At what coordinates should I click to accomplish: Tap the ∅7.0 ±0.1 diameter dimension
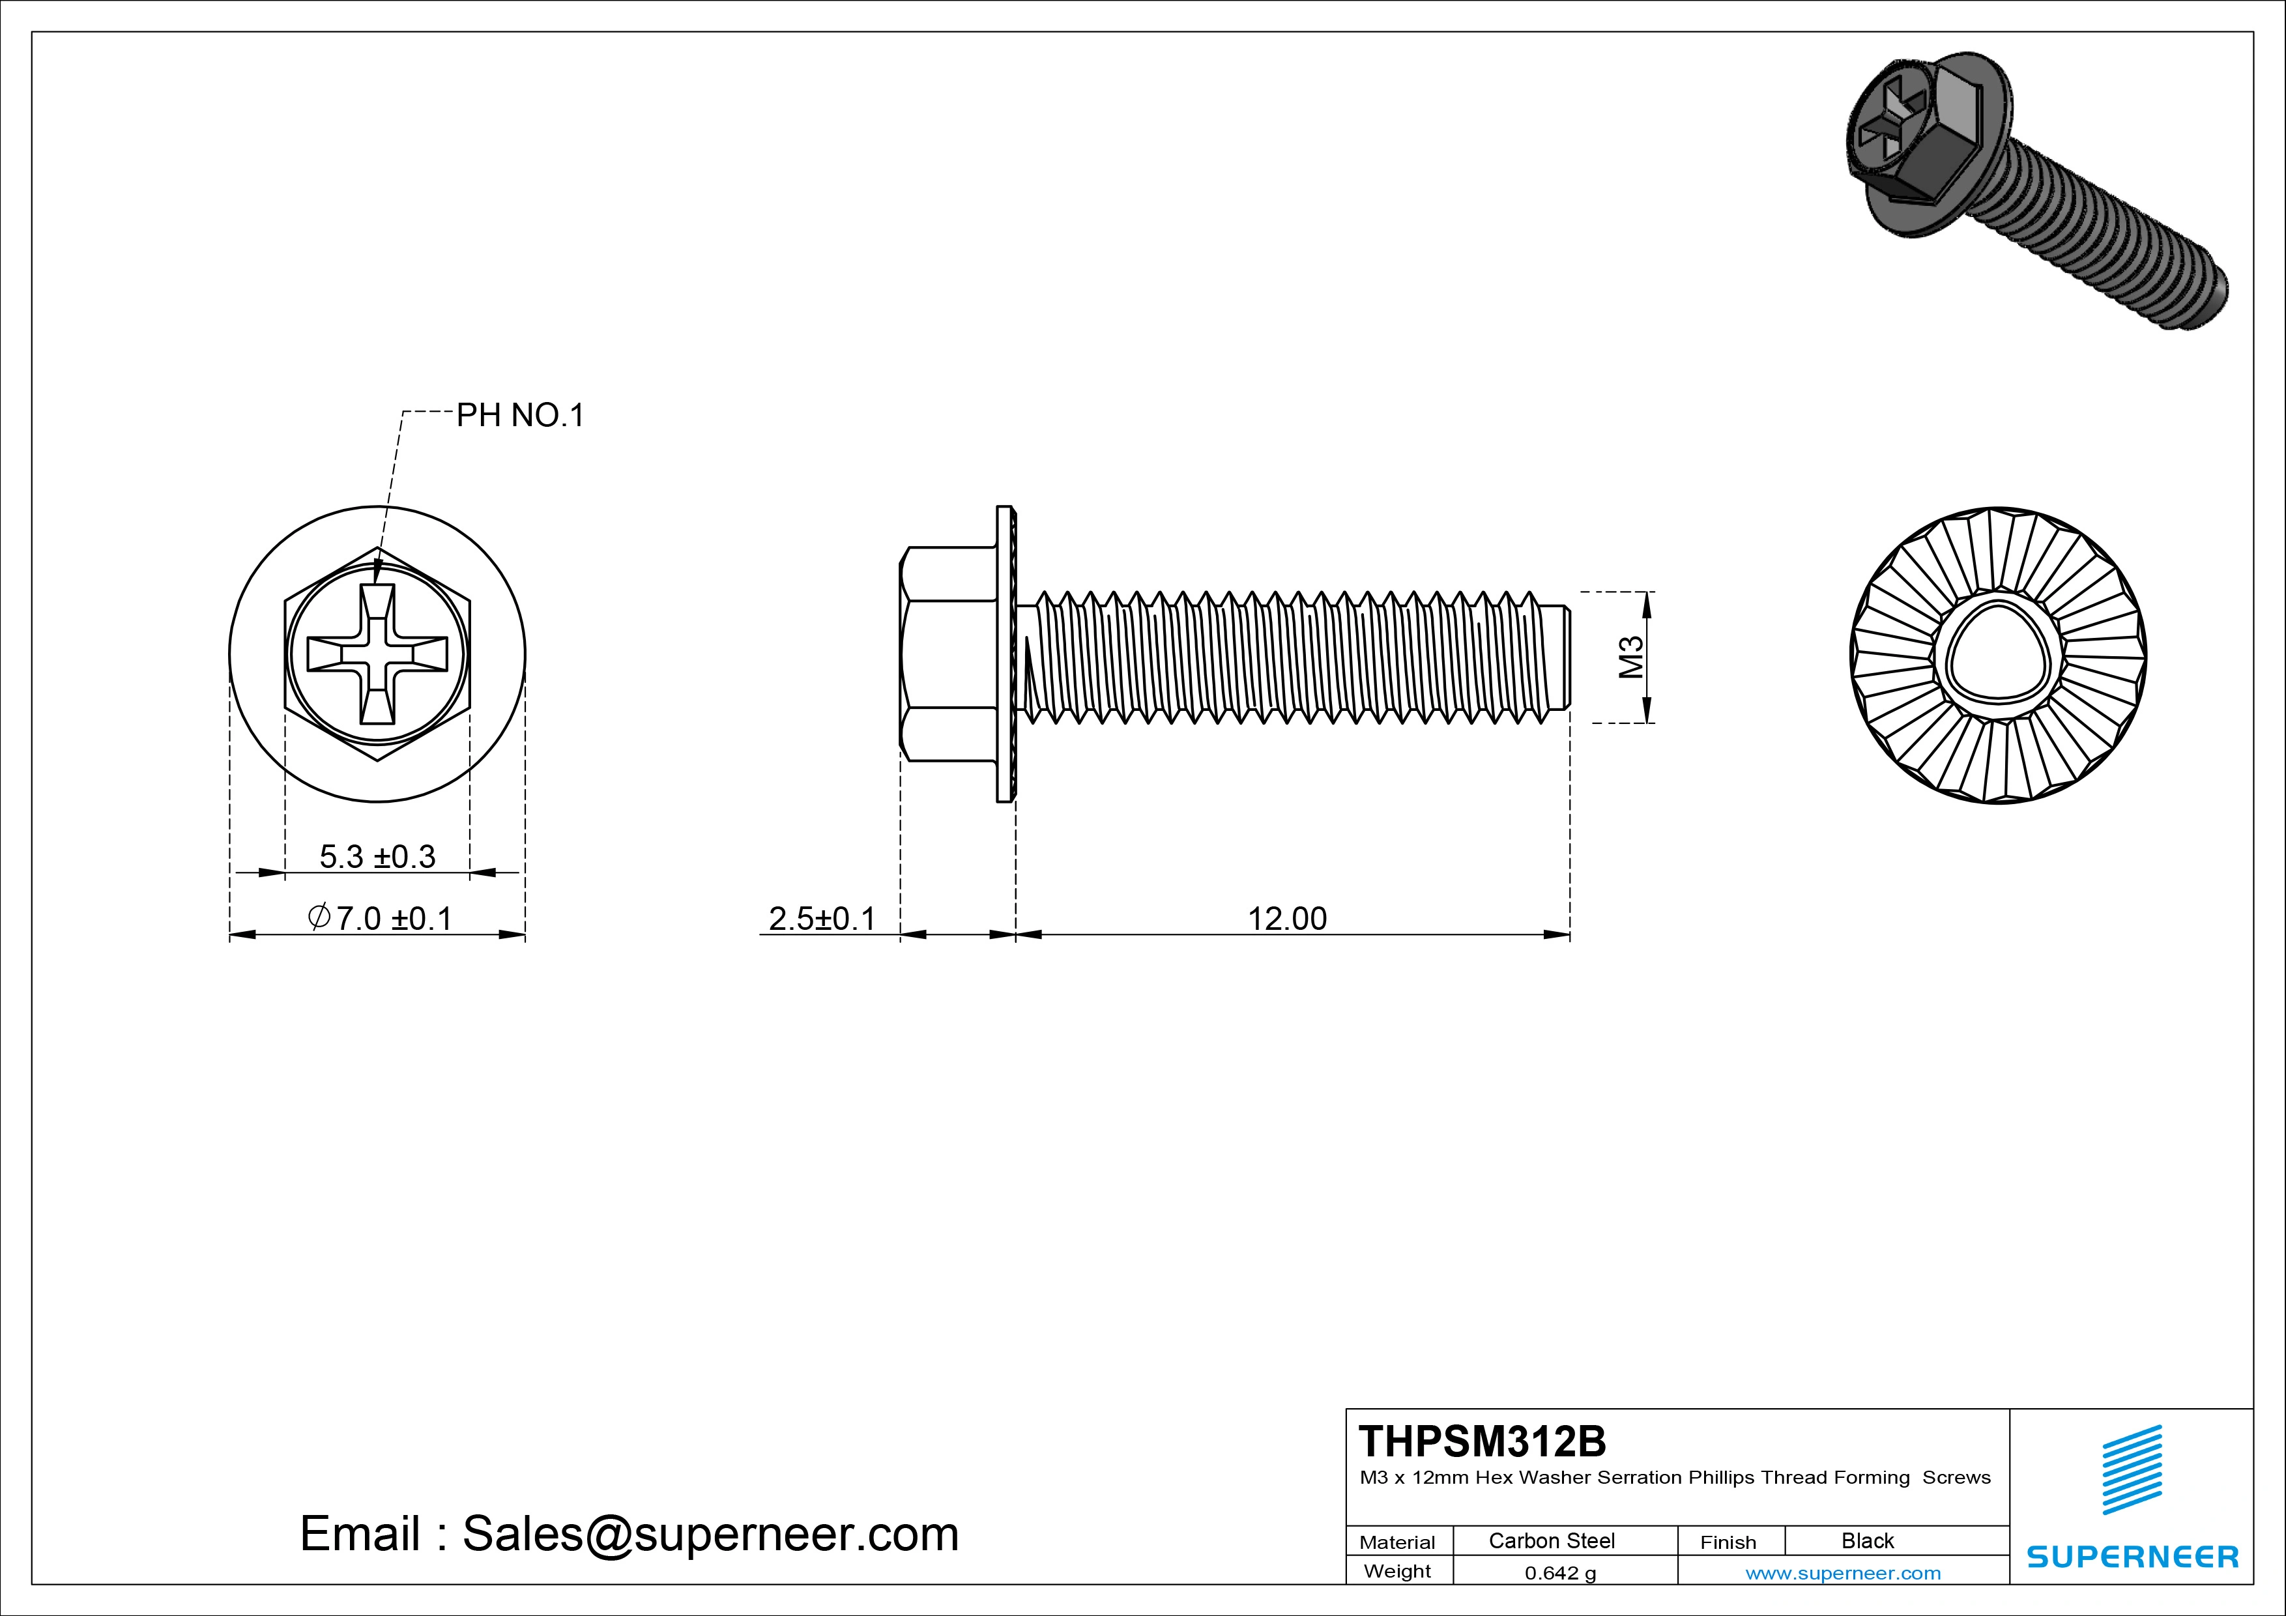coord(381,918)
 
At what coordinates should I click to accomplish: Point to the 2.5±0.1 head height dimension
coord(821,918)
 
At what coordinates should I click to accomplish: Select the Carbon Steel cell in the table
coord(1551,1540)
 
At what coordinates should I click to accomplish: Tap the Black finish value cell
coord(1867,1540)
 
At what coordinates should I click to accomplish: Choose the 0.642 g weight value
coord(1560,1573)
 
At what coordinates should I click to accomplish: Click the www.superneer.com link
coord(1843,1573)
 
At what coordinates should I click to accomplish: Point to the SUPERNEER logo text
coord(2132,1556)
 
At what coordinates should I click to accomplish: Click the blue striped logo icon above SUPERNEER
coord(2132,1469)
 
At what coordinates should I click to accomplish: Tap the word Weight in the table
coord(1397,1571)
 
